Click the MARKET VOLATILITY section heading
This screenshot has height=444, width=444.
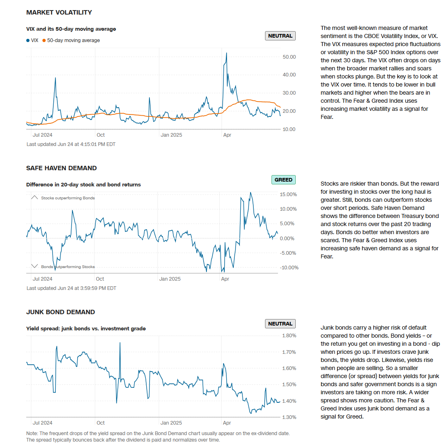59,13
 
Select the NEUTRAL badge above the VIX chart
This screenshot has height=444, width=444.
280,36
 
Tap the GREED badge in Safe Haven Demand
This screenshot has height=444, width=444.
283,180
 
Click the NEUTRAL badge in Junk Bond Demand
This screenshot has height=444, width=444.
280,324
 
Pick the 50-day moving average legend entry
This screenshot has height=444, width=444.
73,40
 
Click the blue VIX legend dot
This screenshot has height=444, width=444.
28,40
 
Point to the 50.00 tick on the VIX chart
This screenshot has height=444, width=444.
289,57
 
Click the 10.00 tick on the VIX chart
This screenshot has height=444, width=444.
289,129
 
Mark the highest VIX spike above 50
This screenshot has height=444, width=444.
226,53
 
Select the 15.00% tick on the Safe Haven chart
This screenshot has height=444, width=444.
288,195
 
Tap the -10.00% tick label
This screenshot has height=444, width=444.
289,268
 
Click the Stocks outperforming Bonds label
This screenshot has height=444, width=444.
68,198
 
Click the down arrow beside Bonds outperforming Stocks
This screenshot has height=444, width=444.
34,266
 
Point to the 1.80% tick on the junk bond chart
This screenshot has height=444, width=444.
289,336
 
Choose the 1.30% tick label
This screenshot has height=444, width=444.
289,417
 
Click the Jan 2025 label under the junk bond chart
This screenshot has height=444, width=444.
171,423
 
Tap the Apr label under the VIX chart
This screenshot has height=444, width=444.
227,135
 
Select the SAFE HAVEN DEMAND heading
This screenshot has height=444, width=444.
61,168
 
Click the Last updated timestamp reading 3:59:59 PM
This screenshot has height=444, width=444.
71,288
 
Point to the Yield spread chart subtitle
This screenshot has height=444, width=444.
86,329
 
